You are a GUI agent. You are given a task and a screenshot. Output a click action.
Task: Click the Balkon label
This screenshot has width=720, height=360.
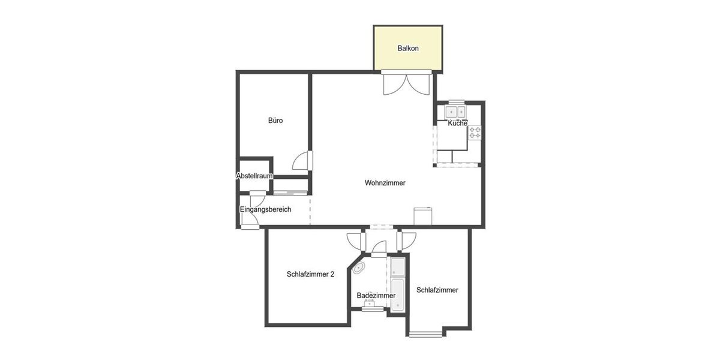click(x=408, y=48)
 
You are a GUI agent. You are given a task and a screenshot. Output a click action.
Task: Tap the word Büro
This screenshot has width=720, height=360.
click(x=275, y=121)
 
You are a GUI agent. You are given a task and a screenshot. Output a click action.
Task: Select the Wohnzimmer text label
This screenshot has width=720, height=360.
click(x=385, y=183)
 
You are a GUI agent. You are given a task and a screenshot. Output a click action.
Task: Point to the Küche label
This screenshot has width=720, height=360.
click(x=458, y=124)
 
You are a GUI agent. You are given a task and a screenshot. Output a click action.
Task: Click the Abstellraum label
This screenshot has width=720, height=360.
click(x=255, y=176)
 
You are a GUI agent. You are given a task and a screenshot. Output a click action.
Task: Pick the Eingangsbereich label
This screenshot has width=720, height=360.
click(x=265, y=209)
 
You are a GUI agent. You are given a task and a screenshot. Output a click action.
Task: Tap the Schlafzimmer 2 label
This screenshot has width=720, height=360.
click(x=310, y=274)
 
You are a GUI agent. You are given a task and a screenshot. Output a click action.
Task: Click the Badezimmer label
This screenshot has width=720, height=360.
click(x=376, y=295)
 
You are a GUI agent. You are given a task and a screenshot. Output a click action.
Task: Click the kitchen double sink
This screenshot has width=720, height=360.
click(x=455, y=112)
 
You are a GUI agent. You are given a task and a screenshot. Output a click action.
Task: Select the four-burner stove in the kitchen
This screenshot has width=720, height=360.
click(x=475, y=133)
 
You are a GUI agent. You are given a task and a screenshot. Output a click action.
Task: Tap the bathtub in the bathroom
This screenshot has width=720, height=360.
click(x=398, y=295)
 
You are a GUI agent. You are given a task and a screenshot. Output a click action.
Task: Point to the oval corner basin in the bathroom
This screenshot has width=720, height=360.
click(x=360, y=268)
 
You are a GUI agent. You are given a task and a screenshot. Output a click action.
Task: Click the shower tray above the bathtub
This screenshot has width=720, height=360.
click(x=398, y=266)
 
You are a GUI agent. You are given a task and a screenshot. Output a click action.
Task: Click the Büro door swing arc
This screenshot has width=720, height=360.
click(x=303, y=161)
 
